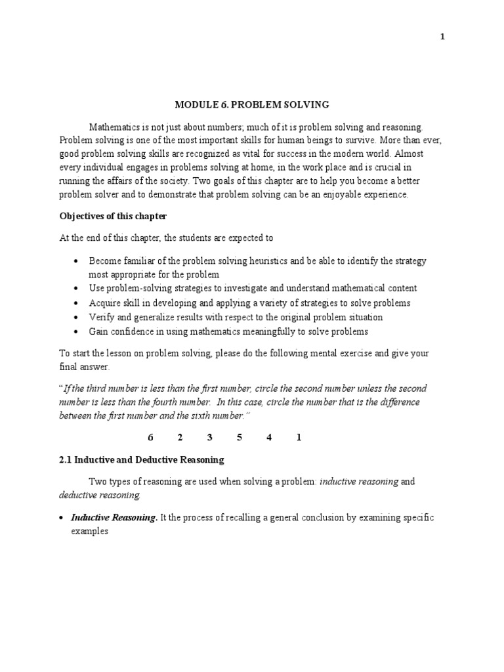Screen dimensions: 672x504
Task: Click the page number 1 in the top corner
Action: tap(442, 37)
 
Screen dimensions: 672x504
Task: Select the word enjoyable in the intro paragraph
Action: tap(335, 195)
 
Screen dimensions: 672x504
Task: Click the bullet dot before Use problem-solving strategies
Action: tap(77, 288)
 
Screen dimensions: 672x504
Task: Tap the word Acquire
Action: tap(104, 303)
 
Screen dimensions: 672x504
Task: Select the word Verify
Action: tap(102, 317)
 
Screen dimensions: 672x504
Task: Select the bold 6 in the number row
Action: tap(150, 438)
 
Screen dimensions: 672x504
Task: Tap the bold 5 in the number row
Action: tap(240, 438)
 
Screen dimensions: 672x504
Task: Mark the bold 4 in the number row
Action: tap(269, 438)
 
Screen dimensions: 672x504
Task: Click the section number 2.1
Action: tap(66, 459)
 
